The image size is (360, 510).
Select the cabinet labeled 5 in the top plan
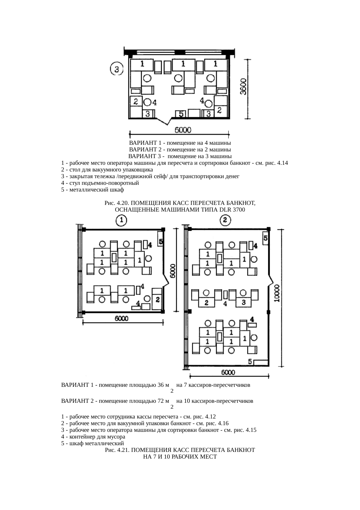click(x=181, y=114)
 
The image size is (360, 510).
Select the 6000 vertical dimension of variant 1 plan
click(x=172, y=271)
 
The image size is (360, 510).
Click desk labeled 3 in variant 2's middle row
click(x=244, y=302)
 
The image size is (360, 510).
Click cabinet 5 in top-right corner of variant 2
click(x=265, y=238)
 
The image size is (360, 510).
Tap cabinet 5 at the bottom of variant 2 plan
click(x=260, y=362)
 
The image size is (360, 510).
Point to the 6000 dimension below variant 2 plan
click(x=228, y=373)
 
